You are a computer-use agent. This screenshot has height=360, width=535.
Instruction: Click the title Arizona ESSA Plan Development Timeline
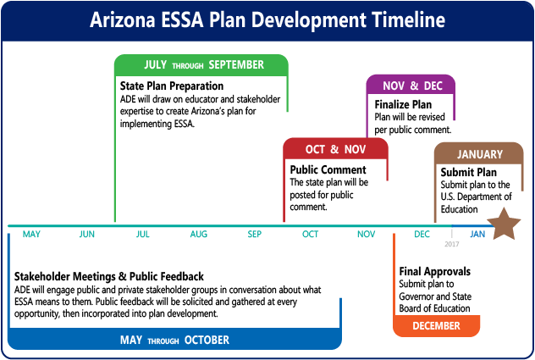(267, 20)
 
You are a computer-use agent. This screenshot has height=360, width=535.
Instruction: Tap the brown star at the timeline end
(505, 225)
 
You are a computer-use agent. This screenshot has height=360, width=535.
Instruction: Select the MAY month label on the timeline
(31, 235)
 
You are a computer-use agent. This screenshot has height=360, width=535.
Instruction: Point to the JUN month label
(87, 235)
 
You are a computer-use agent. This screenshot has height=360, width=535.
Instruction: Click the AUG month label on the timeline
(199, 235)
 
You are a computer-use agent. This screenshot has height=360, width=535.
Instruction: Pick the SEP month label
(255, 235)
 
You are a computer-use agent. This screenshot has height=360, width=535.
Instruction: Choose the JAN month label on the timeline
(478, 235)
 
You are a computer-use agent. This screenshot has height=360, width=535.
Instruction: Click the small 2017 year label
(453, 244)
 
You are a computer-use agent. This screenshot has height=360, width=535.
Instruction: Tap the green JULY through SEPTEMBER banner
(202, 65)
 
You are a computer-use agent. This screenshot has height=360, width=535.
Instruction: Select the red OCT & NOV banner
(335, 149)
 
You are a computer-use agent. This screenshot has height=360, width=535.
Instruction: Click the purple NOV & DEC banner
(411, 86)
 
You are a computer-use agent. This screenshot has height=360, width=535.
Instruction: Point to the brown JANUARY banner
(479, 154)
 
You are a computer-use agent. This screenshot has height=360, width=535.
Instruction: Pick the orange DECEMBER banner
(437, 325)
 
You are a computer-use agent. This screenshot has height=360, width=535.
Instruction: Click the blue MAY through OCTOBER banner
(174, 341)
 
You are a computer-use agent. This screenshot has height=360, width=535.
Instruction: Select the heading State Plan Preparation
(172, 86)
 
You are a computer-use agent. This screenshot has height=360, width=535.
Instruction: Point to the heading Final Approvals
(434, 272)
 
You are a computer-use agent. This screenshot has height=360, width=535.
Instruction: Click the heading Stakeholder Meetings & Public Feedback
(109, 276)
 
